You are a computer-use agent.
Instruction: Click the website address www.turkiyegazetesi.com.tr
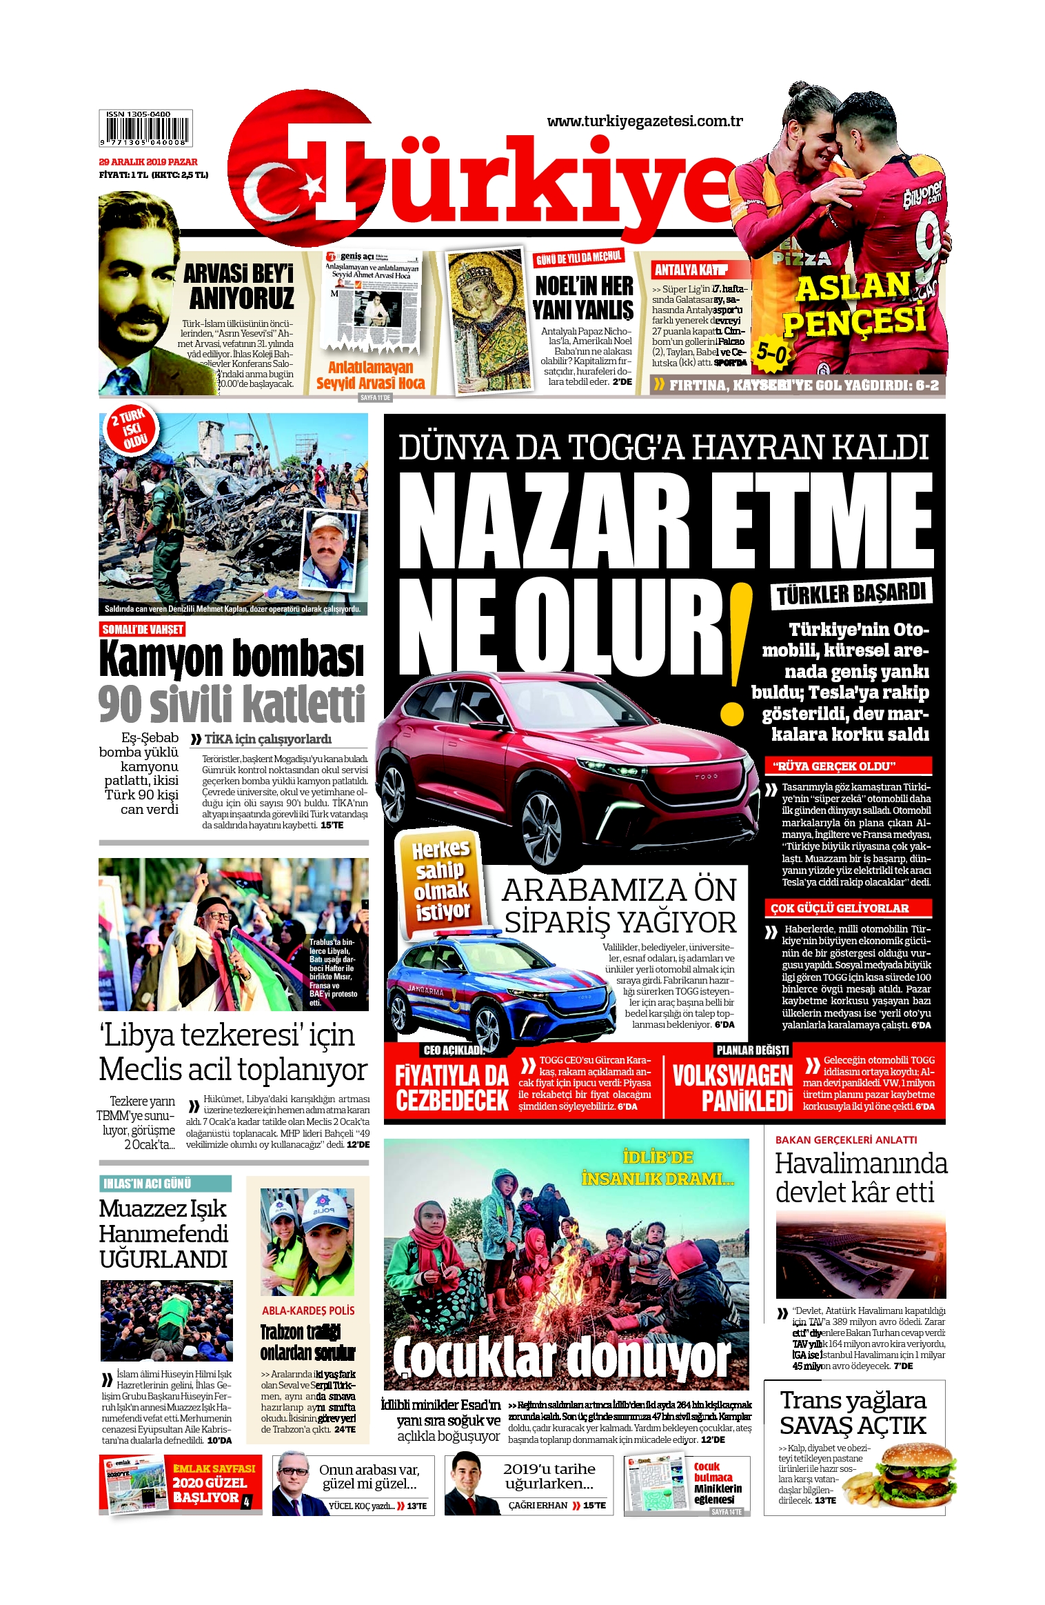click(645, 121)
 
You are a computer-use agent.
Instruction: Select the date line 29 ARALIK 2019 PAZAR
click(148, 162)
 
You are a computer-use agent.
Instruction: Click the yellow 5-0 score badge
click(771, 352)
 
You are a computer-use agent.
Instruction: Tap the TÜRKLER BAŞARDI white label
click(851, 593)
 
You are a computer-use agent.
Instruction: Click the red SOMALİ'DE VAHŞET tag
click(143, 629)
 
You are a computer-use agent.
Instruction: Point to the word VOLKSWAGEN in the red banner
click(732, 1075)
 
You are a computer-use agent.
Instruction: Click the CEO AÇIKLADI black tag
click(454, 1050)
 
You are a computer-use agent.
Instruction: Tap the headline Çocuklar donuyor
click(562, 1359)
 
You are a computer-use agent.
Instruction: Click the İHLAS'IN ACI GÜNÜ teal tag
click(148, 1184)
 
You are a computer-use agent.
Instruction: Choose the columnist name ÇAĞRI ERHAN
click(538, 1505)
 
